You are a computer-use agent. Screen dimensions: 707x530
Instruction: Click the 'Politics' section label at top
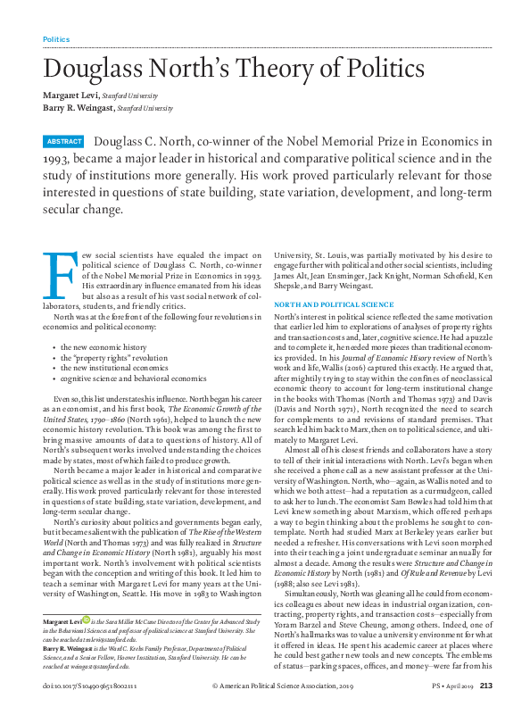tap(56, 39)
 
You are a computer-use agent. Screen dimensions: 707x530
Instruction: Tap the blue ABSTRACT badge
tap(64, 142)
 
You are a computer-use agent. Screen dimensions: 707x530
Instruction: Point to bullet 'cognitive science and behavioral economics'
tap(133, 378)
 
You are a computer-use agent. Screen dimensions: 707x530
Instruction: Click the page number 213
tap(511, 685)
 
